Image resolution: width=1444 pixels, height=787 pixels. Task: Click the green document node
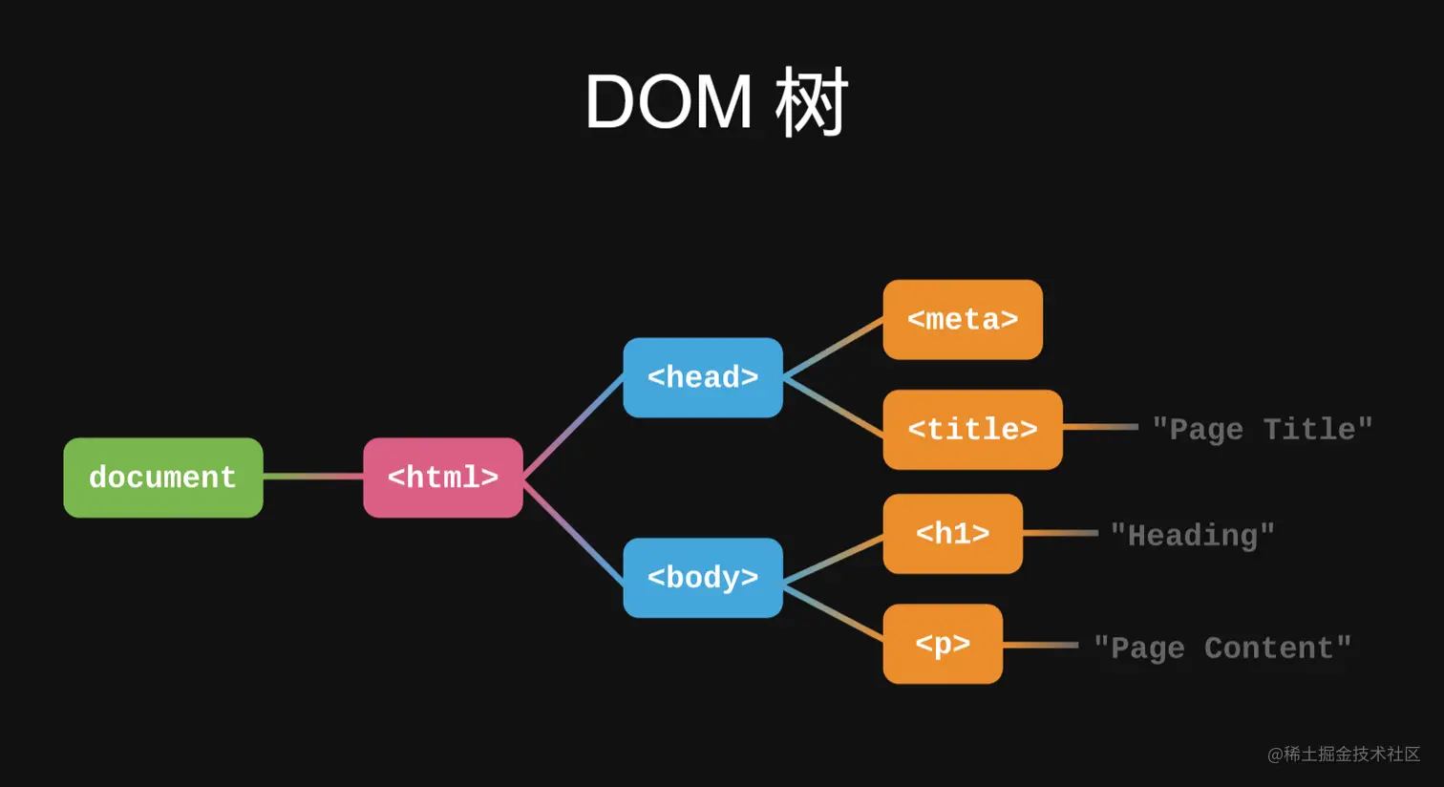click(x=163, y=478)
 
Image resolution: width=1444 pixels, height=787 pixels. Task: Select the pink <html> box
click(x=443, y=478)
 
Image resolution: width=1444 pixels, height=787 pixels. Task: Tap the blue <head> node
click(x=703, y=377)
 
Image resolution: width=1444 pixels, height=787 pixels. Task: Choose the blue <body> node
click(x=703, y=578)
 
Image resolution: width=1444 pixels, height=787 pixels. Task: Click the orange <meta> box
click(x=963, y=320)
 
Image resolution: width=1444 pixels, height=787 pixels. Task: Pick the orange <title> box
click(x=973, y=429)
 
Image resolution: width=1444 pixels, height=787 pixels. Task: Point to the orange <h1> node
click(x=953, y=534)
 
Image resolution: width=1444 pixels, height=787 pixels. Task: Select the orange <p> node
click(x=943, y=644)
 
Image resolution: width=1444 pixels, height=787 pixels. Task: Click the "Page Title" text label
click(x=1263, y=429)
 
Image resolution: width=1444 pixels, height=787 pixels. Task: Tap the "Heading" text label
click(x=1193, y=536)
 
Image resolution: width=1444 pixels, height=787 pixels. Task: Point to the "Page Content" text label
click(x=1222, y=648)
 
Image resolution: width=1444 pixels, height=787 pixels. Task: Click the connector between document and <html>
click(x=313, y=477)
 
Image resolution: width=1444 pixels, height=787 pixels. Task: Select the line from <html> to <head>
click(x=573, y=427)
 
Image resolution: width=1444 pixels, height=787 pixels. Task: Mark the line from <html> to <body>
click(x=573, y=532)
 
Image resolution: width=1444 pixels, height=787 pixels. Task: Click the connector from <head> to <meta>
click(x=833, y=347)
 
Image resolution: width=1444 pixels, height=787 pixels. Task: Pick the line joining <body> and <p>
click(x=833, y=613)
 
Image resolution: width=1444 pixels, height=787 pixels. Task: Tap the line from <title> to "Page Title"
click(x=1100, y=427)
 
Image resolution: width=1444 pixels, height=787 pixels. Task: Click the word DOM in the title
click(x=669, y=102)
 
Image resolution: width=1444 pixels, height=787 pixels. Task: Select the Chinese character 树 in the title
click(x=811, y=102)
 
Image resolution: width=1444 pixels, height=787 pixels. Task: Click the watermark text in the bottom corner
click(x=1344, y=754)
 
